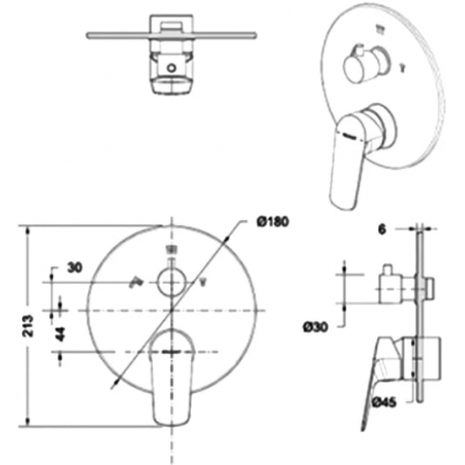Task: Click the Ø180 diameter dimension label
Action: (x=273, y=222)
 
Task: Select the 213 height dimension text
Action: (x=29, y=325)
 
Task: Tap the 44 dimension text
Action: (x=61, y=334)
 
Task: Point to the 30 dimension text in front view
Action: (x=74, y=268)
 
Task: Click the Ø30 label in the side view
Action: (x=315, y=327)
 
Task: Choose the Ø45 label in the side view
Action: (x=384, y=402)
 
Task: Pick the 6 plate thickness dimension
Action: (x=382, y=229)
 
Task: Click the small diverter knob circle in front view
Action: (x=172, y=282)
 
